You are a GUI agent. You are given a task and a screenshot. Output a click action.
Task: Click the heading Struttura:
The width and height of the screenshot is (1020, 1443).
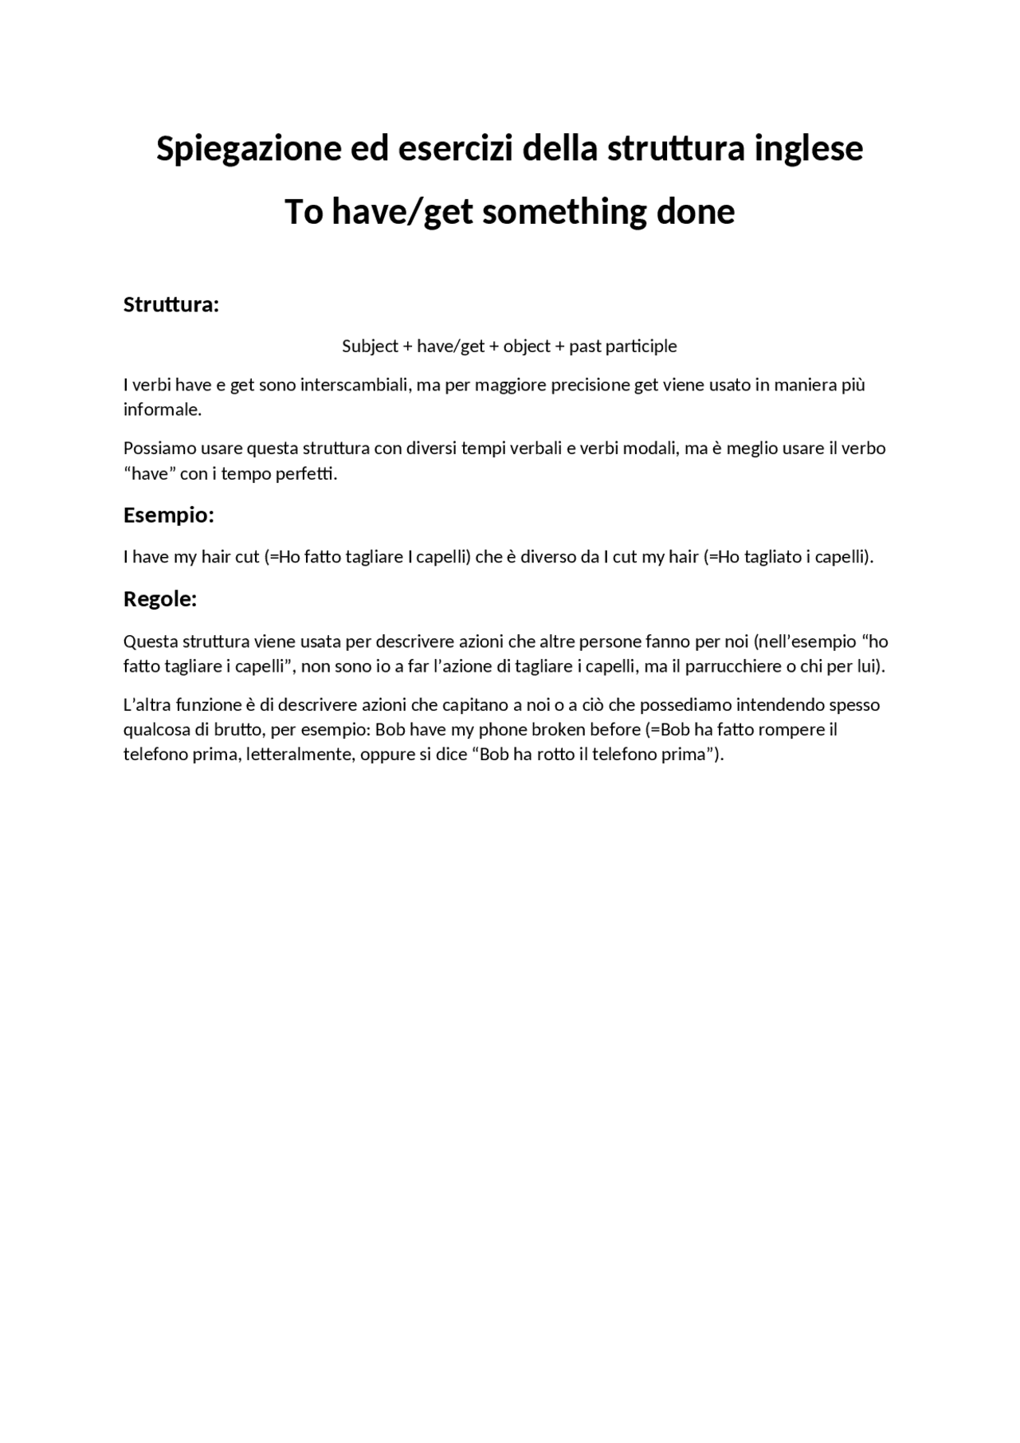(x=171, y=304)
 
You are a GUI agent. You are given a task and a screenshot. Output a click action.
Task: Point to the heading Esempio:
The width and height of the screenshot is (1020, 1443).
(x=168, y=516)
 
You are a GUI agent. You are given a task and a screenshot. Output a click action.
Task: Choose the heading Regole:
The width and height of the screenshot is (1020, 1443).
(x=159, y=599)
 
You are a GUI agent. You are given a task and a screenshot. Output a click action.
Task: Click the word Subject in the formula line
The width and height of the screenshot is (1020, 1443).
(x=370, y=347)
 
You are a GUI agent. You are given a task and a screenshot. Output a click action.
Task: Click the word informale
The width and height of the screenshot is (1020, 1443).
(x=162, y=410)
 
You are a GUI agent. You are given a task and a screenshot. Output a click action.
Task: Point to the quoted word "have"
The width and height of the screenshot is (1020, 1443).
(x=150, y=474)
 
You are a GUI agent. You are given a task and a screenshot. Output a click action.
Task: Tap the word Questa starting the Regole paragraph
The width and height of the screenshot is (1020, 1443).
(x=151, y=641)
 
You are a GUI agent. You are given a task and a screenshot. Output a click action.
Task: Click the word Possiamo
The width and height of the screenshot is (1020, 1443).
(x=157, y=449)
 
